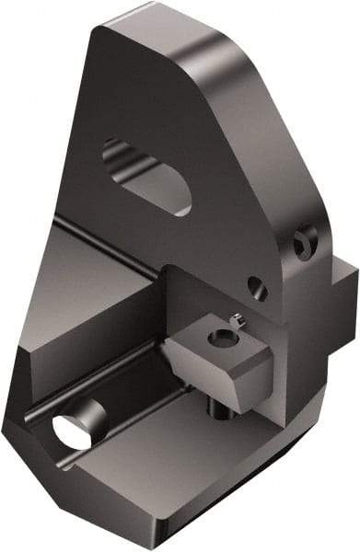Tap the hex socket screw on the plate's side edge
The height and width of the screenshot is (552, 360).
305,242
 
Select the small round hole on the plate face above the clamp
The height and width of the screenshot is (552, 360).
258,289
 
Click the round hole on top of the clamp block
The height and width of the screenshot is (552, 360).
219,339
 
